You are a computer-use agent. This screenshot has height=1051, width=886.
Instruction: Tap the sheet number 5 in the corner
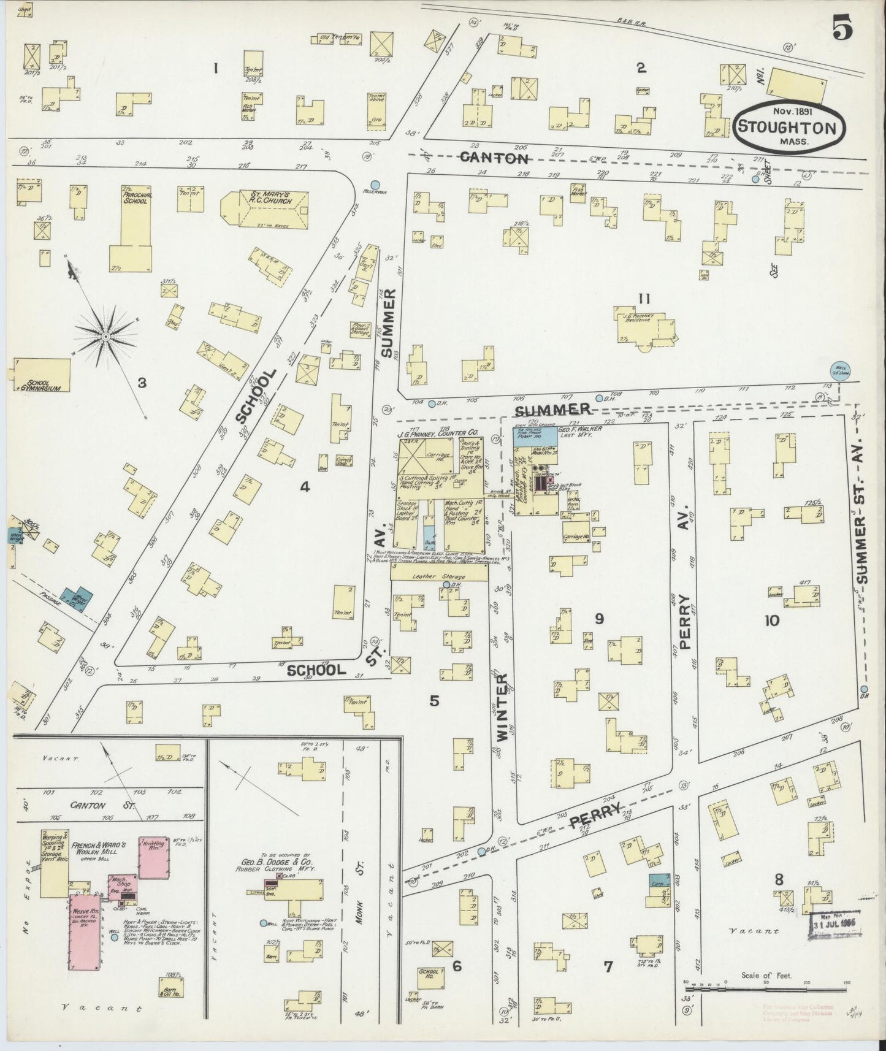(844, 29)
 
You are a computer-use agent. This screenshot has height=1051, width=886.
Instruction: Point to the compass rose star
(105, 335)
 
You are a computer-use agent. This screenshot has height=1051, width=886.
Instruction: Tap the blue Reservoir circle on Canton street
(375, 184)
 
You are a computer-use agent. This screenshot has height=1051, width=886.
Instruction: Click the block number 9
(598, 619)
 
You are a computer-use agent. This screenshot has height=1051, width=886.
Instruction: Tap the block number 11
(643, 299)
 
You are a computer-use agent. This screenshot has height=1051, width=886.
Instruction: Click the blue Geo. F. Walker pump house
(535, 436)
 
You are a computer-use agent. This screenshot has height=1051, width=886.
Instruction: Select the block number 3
(142, 383)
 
